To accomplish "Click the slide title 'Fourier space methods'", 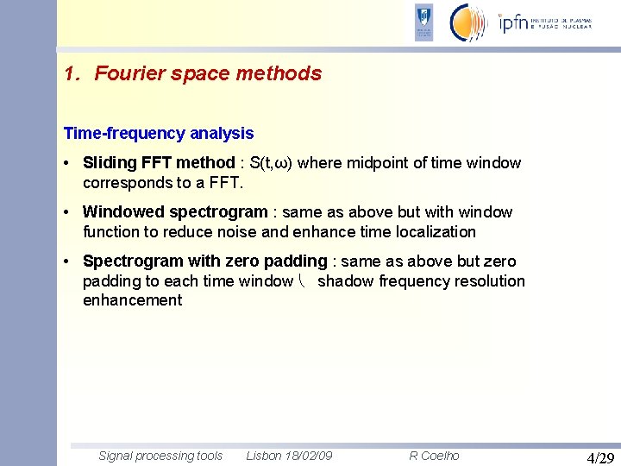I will pos(208,74).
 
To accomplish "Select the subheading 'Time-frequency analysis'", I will pos(159,134).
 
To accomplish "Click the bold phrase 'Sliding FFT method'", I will pos(159,163).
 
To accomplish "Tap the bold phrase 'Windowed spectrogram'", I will pos(175,212).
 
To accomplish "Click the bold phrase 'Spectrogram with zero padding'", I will pos(205,261).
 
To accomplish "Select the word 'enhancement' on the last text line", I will pos(132,300).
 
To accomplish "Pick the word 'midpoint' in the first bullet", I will pos(378,163).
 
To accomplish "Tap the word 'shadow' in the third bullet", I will pos(346,281).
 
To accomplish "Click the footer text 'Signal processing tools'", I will pos(160,456).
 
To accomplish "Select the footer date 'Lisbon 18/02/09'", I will pos(289,456).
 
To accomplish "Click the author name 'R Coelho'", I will pos(434,456).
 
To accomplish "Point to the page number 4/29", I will pos(600,457).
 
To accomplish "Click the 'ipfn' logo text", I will pos(516,23).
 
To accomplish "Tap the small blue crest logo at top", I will pos(423,22).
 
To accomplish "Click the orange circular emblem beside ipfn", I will pos(468,22).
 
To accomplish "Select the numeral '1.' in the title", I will pos(72,74).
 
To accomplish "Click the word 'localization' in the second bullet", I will pos(436,232).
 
